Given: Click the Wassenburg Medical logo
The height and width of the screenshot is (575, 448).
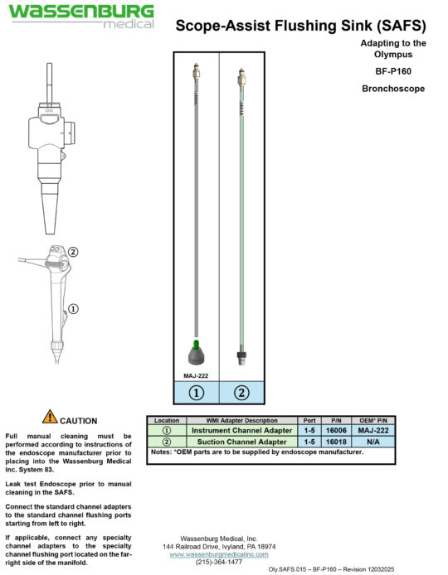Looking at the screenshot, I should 80,16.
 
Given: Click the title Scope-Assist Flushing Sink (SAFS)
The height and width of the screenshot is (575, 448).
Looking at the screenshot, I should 301,27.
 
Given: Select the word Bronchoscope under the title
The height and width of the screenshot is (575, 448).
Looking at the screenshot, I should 394,87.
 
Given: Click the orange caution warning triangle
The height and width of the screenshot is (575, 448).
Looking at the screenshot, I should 50,418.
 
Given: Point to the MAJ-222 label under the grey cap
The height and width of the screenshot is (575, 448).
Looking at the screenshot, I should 195,374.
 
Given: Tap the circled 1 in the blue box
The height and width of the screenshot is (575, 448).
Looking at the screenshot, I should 196,393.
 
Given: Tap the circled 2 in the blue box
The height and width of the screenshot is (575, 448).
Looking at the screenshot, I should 241,393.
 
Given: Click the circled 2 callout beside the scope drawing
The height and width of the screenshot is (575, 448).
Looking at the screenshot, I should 73,252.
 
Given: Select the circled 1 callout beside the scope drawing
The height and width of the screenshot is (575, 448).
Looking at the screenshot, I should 73,308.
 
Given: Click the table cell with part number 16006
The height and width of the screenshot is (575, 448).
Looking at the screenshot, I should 336,431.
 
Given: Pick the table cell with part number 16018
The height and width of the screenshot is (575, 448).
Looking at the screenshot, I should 336,442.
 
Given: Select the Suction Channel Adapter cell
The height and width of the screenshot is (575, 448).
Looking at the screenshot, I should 241,442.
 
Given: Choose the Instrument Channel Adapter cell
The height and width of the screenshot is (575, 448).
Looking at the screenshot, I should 241,431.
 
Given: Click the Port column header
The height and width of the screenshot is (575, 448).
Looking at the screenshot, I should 308,421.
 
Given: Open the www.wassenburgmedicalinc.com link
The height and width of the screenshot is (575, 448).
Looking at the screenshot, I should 218,553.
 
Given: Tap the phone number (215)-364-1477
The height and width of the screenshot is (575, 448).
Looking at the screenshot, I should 218,562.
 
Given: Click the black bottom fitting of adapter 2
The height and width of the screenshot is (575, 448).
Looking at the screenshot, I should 241,358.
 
